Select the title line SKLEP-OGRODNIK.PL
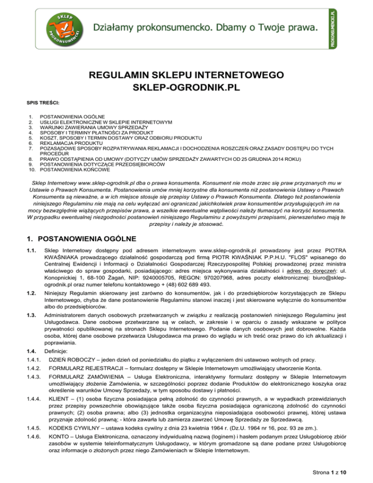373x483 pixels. tap(186, 89)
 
